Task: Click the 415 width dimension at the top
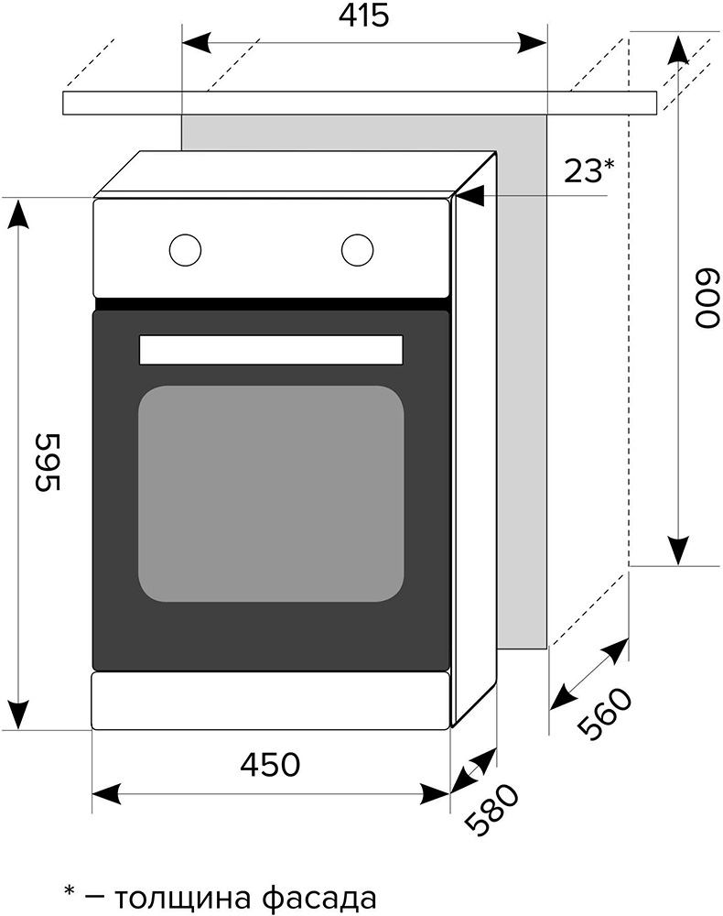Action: click(363, 16)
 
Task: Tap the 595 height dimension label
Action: click(48, 462)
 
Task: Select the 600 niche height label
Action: click(706, 298)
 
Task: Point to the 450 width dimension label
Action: click(270, 764)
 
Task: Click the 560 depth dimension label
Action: click(605, 714)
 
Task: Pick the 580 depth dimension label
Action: click(491, 809)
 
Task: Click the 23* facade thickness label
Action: click(589, 171)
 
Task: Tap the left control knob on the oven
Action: click(185, 251)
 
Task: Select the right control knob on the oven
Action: click(357, 251)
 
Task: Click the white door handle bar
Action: click(271, 350)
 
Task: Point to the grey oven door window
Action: click(271, 494)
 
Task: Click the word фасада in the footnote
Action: click(318, 897)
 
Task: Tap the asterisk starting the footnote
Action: click(70, 891)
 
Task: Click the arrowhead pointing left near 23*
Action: click(470, 196)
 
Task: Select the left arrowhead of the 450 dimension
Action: click(107, 794)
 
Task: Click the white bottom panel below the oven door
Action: click(271, 701)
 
